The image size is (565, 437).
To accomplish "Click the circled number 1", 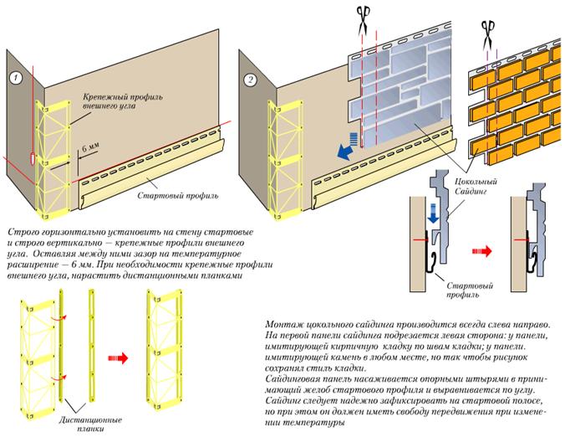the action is [16, 78].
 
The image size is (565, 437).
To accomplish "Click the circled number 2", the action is [250, 80].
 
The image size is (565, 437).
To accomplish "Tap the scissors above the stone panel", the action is [364, 20].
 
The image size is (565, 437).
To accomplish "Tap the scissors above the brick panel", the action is [488, 34].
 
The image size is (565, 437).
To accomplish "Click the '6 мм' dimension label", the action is [90, 147].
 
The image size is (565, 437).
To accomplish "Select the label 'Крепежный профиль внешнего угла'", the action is [123, 101].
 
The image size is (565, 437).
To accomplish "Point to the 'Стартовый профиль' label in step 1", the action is [178, 196].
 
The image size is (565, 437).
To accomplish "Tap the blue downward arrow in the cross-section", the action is [433, 213].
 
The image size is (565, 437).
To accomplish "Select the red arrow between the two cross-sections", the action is [481, 250].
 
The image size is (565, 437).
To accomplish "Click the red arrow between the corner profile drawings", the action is [118, 358].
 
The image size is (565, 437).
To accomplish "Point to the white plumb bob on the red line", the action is [33, 158].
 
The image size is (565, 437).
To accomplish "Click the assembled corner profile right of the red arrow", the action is [164, 350].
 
